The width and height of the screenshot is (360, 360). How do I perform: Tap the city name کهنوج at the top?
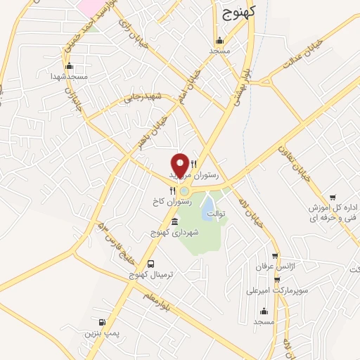(x=238, y=12)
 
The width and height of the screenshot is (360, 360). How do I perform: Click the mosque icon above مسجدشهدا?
(x=65, y=67)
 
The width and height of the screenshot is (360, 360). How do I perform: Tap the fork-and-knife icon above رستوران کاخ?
(x=172, y=191)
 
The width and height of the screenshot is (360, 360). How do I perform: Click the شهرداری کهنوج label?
(x=175, y=231)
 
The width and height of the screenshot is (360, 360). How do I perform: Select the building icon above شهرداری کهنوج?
(x=175, y=222)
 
